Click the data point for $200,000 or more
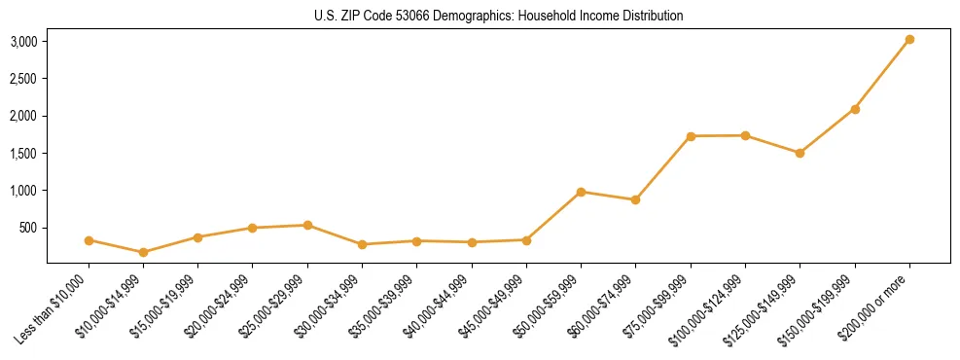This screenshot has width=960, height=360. pos(909,40)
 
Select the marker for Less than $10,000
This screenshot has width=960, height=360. pos(89,240)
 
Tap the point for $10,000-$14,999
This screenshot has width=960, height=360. pos(143,252)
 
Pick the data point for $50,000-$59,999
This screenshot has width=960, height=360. pos(581,192)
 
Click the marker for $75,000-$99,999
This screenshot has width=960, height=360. pos(691,136)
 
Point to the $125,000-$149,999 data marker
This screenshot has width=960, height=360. pos(800,153)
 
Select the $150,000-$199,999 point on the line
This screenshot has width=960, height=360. pos(855,109)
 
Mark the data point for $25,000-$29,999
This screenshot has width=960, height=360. pos(307,225)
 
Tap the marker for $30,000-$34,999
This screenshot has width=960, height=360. pos(362,244)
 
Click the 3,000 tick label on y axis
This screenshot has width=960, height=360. pos(23,42)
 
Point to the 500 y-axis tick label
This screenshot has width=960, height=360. pos(28,228)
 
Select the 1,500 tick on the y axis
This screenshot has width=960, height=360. pos(23,154)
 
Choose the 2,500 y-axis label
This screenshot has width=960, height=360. pos(23,79)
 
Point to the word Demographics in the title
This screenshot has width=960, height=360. pos(490,17)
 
